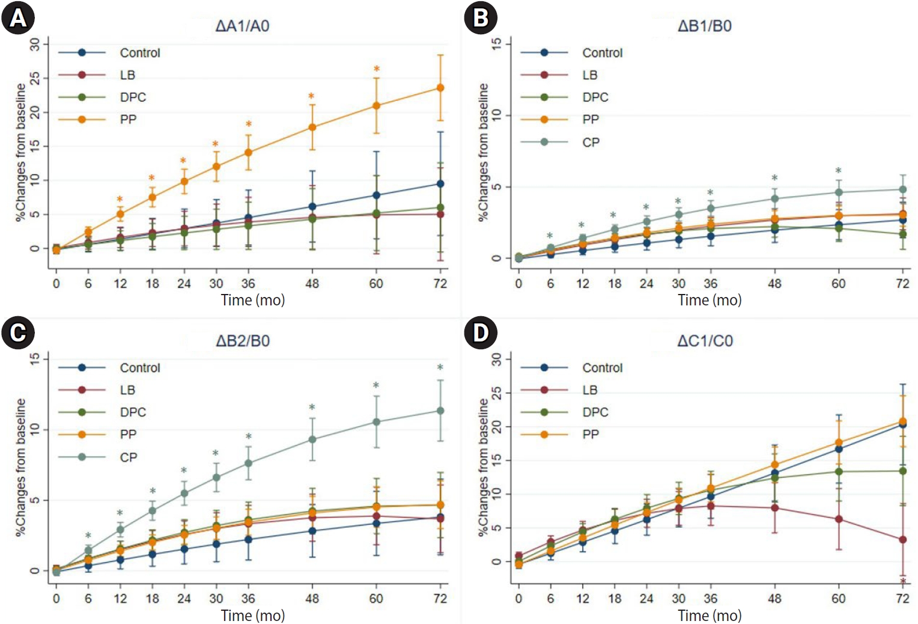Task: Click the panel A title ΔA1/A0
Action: [x=242, y=26]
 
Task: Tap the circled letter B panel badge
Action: [x=481, y=17]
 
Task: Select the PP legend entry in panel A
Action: [x=128, y=120]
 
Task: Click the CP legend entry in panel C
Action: [x=129, y=457]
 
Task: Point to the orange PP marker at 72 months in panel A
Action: [x=440, y=88]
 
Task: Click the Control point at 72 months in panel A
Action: [x=440, y=184]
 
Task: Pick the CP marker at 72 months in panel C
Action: [x=440, y=411]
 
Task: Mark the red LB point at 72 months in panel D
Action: [x=902, y=540]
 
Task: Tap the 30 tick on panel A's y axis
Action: [x=35, y=44]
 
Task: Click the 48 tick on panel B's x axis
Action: [x=774, y=283]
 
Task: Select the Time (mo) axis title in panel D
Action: [x=710, y=616]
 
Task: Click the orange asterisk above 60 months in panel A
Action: [x=377, y=69]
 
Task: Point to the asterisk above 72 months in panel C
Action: [x=440, y=367]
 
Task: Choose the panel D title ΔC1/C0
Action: [x=705, y=341]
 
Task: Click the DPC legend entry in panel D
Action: [x=595, y=412]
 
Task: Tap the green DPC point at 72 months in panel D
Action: [x=902, y=471]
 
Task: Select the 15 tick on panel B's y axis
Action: [x=497, y=44]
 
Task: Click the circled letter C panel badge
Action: [x=18, y=332]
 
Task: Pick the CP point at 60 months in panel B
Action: [x=839, y=192]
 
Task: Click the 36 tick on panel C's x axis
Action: [x=248, y=598]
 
